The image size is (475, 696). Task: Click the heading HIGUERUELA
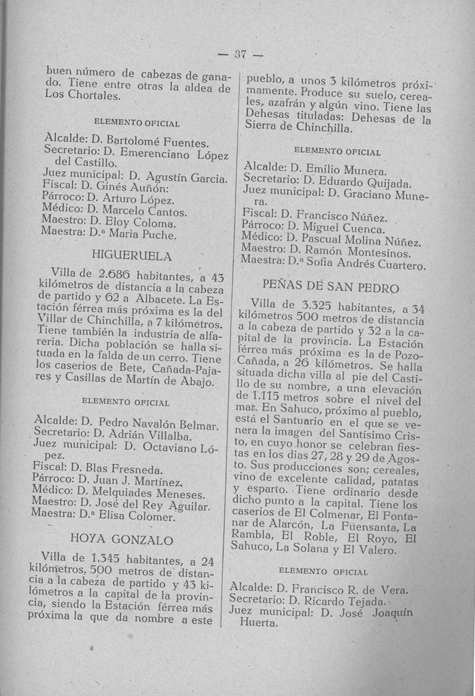[x=132, y=256]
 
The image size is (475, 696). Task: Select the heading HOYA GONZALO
[x=122, y=540]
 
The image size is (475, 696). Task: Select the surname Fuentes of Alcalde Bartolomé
[x=182, y=143]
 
